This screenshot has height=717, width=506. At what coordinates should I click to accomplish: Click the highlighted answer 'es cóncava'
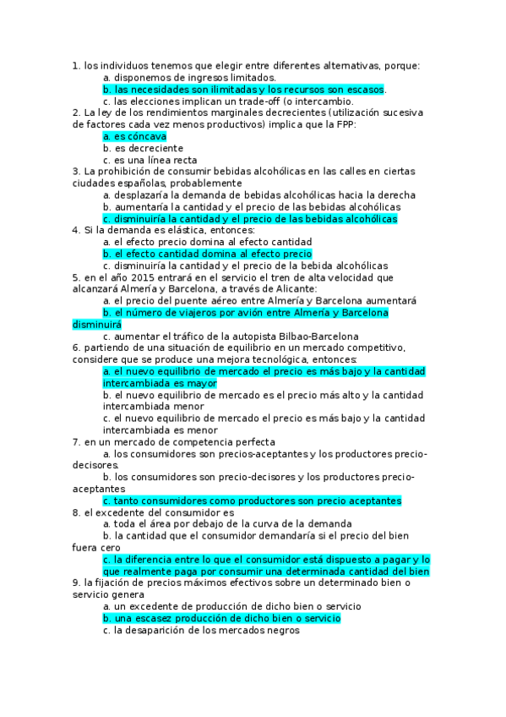click(135, 135)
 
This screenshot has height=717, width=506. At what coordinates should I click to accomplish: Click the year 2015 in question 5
click(139, 277)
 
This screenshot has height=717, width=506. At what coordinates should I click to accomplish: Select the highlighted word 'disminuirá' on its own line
click(97, 325)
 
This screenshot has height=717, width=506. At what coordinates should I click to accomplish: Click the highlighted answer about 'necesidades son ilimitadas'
click(243, 89)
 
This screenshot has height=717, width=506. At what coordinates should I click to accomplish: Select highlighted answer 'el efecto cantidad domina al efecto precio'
click(208, 254)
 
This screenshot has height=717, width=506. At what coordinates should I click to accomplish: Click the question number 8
click(76, 512)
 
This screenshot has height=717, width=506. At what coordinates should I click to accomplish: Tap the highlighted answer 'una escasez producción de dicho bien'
click(221, 619)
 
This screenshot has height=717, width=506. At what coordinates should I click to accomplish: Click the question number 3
click(76, 171)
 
